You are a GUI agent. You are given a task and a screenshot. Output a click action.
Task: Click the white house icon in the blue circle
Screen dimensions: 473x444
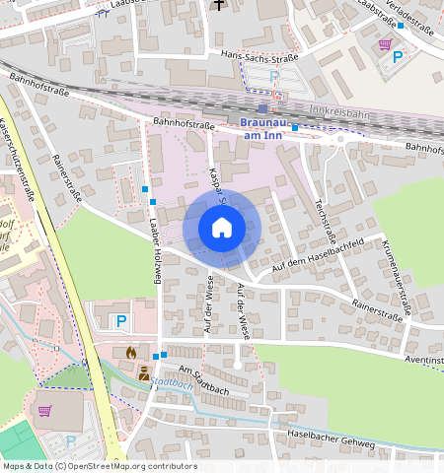221,229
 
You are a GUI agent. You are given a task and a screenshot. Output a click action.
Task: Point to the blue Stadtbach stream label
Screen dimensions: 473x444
172,384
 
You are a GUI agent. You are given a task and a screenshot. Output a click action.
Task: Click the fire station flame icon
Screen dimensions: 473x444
131,352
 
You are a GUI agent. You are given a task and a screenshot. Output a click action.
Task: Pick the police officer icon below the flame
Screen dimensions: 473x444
144,372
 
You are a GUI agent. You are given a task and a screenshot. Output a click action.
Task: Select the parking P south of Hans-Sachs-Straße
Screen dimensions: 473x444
275,77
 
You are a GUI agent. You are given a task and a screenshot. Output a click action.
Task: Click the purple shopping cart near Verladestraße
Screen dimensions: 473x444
384,43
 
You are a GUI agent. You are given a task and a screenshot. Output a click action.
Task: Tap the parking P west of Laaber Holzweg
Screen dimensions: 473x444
121,320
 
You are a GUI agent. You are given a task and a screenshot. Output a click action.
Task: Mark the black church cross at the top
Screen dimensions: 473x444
218,5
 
